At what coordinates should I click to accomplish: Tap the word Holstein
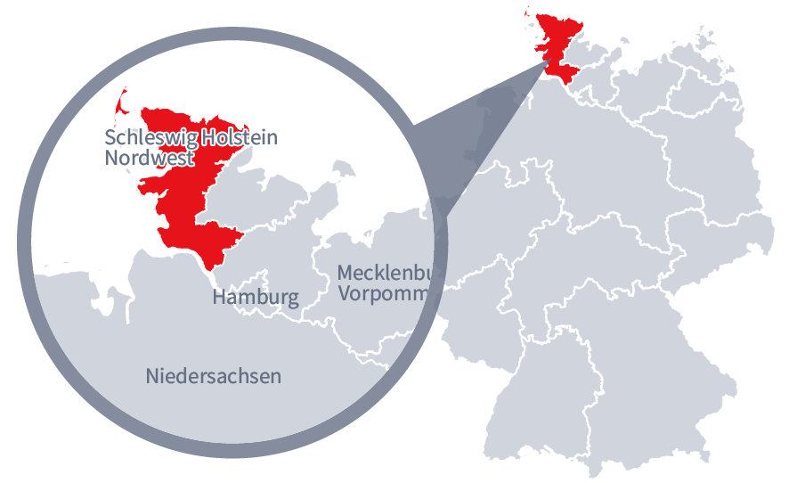tap(239, 138)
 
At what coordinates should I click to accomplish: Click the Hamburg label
tap(255, 297)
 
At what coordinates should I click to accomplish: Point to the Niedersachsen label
tap(213, 376)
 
